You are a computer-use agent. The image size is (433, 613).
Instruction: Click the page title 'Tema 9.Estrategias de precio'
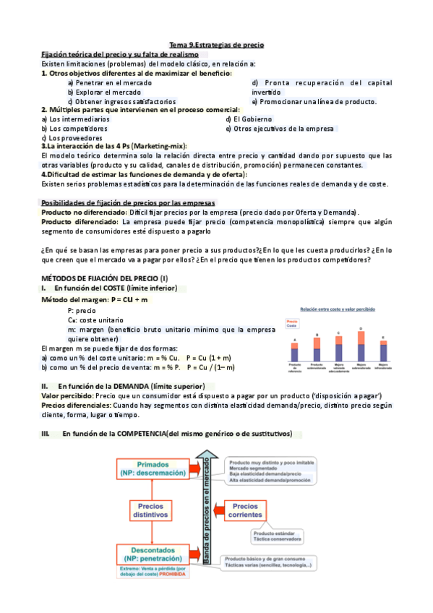click(x=217, y=45)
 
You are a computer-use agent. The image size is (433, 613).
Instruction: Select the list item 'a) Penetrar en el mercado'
click(x=110, y=82)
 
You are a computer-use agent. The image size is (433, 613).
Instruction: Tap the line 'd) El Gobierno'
click(x=249, y=119)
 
